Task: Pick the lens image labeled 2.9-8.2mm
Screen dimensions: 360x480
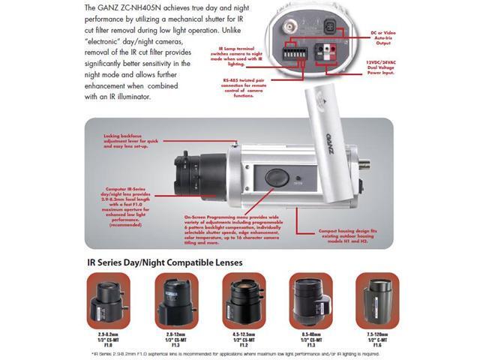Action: [x=108, y=300]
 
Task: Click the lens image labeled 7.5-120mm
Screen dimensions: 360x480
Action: [x=377, y=300]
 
